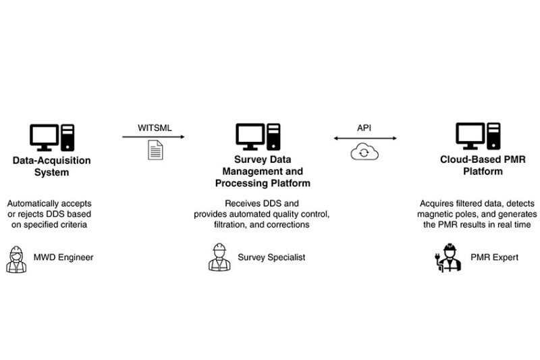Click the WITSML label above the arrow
coord(155,128)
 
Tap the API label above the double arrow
coord(364,128)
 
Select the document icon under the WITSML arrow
coord(155,151)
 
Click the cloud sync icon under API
coord(364,152)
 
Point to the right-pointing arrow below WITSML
coord(155,138)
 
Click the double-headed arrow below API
coord(364,138)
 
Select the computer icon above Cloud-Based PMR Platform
coord(478,138)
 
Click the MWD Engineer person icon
coord(16,258)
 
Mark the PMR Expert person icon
coord(448,258)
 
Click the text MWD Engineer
coord(63,258)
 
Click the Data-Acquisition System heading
coord(51,166)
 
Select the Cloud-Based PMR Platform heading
coord(477,166)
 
